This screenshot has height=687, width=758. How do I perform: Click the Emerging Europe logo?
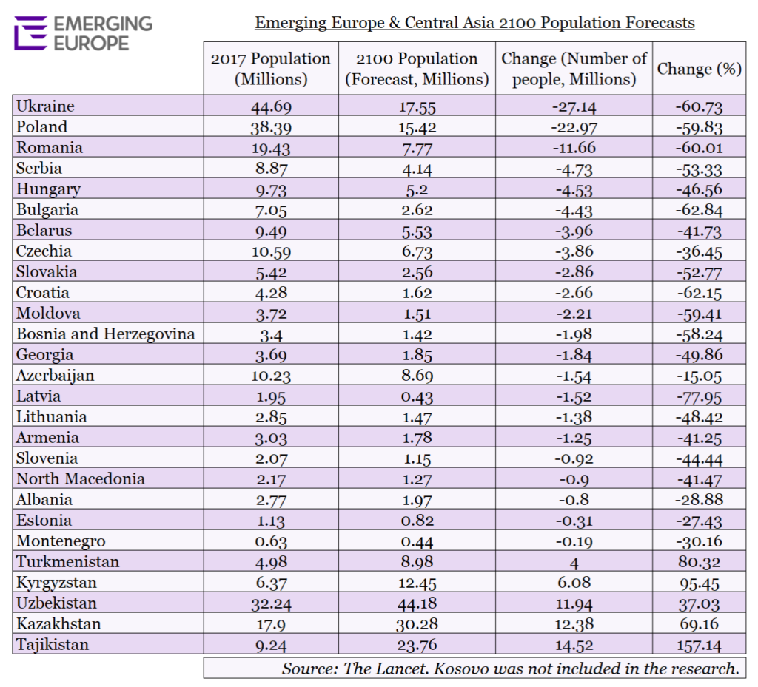point(83,33)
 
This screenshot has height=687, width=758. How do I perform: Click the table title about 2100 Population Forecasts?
point(474,23)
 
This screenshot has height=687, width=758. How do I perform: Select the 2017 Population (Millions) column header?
point(271,69)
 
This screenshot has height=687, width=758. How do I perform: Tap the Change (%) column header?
point(699,69)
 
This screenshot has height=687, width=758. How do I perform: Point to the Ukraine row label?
point(45,106)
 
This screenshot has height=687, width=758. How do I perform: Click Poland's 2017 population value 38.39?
point(271,127)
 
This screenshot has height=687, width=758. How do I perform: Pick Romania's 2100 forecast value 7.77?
point(417,148)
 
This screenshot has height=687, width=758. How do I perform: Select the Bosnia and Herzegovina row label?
point(105,334)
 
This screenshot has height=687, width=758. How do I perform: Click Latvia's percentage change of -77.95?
point(699,397)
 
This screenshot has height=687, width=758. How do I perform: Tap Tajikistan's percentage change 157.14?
point(699,646)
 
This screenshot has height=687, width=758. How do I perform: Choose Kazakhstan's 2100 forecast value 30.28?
point(417,624)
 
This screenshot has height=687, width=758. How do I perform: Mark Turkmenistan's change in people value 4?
point(574,563)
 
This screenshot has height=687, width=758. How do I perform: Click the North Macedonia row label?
point(80,478)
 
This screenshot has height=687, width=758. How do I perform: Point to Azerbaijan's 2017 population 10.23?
point(271,376)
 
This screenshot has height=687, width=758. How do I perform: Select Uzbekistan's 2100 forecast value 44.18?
point(417,603)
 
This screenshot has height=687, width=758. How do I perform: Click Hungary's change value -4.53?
point(574,189)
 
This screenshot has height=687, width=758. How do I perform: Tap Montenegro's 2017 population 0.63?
point(271,541)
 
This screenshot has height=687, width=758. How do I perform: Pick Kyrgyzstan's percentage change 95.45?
point(699,583)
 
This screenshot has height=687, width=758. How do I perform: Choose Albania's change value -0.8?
point(574,500)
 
